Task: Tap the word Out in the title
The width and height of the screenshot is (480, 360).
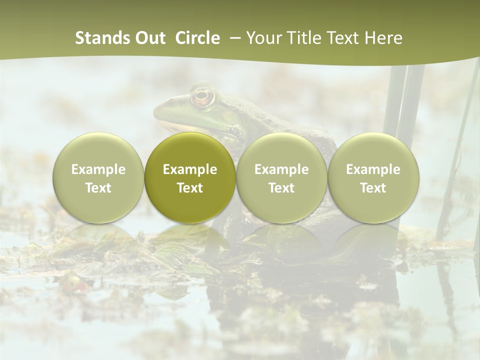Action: point(150,38)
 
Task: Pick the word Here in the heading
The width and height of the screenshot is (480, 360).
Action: point(383,38)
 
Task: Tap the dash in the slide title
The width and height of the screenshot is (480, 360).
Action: point(233,38)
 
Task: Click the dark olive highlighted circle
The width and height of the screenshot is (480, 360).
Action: point(190,177)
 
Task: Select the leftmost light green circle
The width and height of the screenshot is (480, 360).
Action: point(98,177)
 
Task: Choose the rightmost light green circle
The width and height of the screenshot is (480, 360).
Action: point(373,177)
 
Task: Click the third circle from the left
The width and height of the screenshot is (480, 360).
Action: point(281,177)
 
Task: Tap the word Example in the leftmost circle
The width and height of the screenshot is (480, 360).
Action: point(98,169)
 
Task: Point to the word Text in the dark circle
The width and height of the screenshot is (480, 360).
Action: point(190,188)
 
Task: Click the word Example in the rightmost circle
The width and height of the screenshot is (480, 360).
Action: point(373,169)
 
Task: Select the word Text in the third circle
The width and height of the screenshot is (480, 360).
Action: point(281,188)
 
